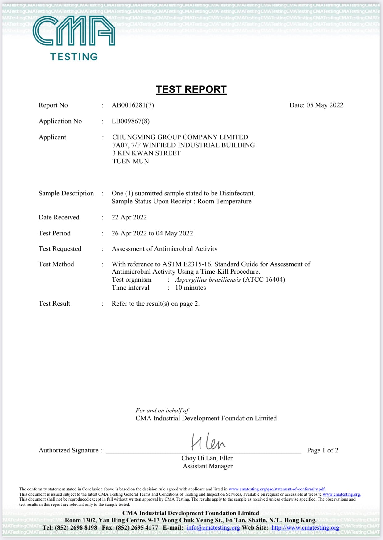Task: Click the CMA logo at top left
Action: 74,37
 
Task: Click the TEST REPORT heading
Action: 191,89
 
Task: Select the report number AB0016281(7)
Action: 133,105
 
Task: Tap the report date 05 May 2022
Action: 324,105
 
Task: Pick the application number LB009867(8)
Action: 130,121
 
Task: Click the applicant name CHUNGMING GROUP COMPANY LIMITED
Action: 180,137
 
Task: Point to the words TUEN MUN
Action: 130,161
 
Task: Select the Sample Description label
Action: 66,193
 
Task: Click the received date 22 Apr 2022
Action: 129,217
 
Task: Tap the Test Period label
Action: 55,233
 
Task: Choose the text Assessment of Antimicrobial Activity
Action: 164,249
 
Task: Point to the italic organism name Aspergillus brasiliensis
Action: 208,280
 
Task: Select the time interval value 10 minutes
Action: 190,288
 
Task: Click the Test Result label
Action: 54,304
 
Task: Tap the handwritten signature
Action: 208,442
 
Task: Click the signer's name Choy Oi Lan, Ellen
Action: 207,458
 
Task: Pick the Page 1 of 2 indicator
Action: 322,450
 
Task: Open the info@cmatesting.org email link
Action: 213,527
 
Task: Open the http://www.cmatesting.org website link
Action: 305,527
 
